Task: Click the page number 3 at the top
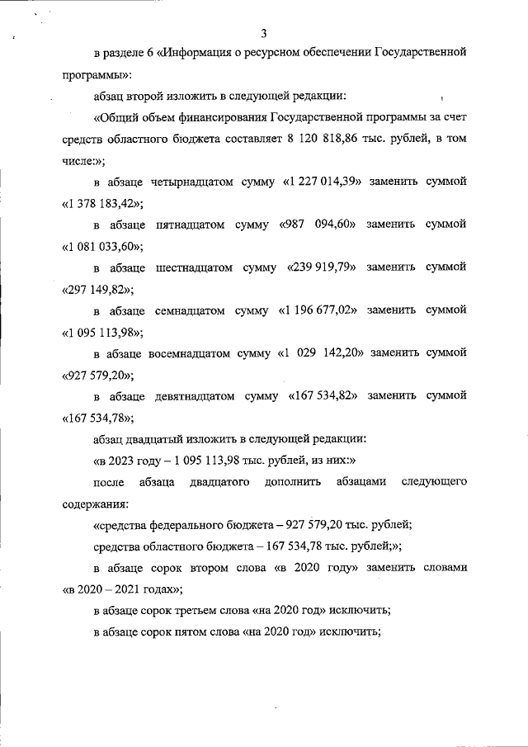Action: (x=263, y=33)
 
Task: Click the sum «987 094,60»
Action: (x=322, y=225)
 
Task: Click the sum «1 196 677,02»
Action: (x=324, y=310)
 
